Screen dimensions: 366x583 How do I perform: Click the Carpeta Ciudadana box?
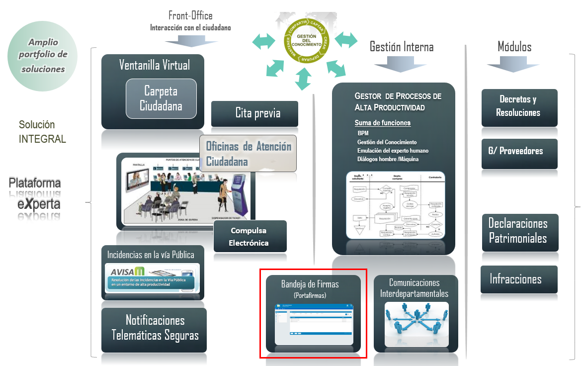tap(161, 98)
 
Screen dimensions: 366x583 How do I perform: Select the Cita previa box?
tap(254, 113)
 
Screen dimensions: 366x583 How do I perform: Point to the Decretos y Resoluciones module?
tap(519, 106)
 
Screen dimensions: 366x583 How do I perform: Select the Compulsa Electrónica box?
tap(250, 237)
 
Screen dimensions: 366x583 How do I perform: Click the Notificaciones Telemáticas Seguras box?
tap(154, 328)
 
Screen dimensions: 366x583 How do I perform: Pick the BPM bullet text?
tap(363, 133)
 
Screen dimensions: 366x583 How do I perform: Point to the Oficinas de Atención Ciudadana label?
tap(249, 154)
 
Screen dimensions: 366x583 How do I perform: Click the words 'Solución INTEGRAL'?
tap(42, 132)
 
